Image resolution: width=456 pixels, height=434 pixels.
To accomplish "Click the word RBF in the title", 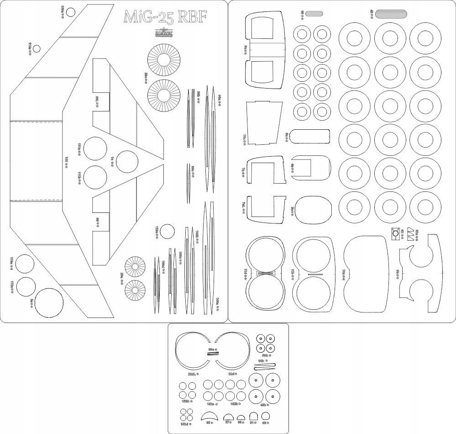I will pyautogui.click(x=192, y=17).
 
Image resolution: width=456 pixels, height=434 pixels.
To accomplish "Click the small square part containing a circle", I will pyautogui.click(x=395, y=233).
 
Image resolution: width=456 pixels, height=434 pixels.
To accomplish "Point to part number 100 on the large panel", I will pyautogui.click(x=67, y=159).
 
